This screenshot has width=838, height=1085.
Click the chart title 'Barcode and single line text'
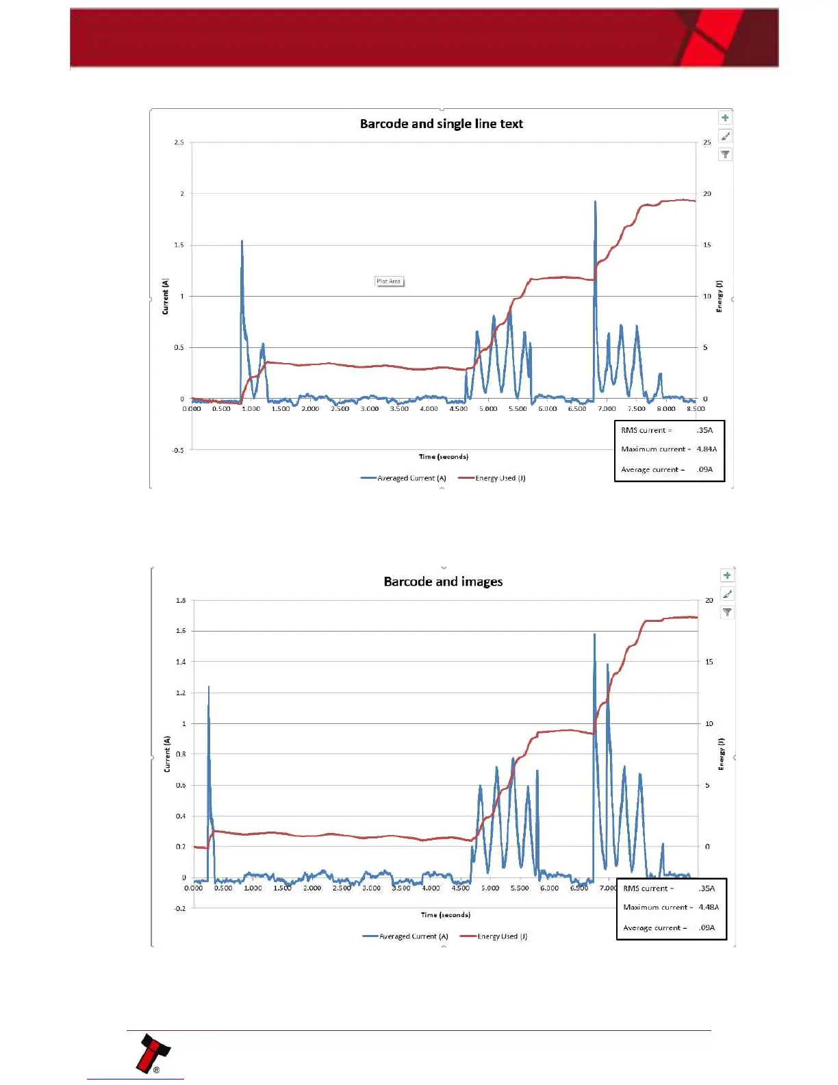click(441, 124)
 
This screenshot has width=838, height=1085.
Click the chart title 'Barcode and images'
click(443, 582)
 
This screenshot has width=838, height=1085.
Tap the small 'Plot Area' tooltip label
click(389, 282)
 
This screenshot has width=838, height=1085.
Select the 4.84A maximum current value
click(707, 449)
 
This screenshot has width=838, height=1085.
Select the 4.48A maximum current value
click(709, 907)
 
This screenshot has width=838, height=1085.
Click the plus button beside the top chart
click(725, 118)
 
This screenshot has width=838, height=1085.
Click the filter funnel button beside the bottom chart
click(727, 612)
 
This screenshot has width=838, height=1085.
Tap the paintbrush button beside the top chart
click(725, 136)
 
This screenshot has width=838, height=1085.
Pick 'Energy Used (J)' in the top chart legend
click(500, 478)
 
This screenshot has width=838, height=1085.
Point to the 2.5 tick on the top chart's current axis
click(179, 142)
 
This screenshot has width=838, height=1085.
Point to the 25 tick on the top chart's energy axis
click(707, 142)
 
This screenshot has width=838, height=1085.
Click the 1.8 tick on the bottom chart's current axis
click(181, 601)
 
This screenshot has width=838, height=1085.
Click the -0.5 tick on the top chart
click(178, 450)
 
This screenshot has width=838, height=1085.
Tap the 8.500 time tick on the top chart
click(696, 409)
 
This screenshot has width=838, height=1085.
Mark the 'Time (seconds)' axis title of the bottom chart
click(446, 914)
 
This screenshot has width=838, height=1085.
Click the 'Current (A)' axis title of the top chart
click(166, 297)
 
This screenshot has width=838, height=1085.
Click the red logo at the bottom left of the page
click(153, 1053)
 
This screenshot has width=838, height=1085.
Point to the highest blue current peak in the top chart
click(595, 202)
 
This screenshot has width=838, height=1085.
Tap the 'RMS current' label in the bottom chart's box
click(648, 888)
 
